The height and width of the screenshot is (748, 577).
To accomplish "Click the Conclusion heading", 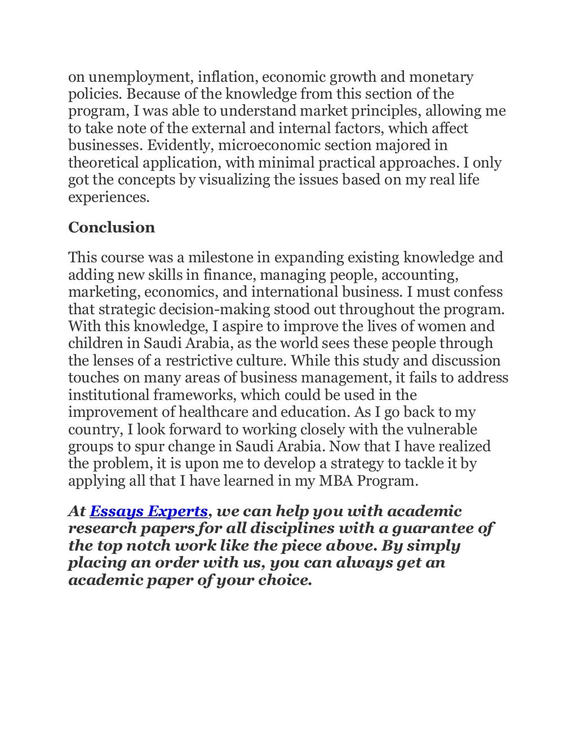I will (112, 227).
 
